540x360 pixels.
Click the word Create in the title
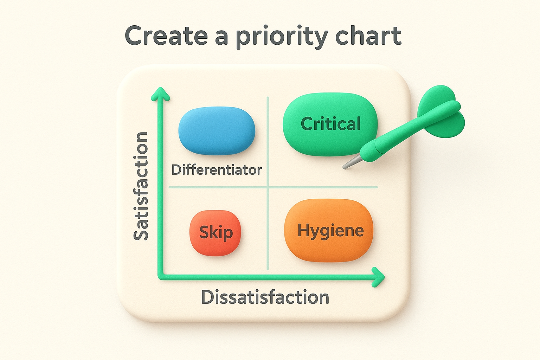(166, 36)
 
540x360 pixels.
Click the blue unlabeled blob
(217, 130)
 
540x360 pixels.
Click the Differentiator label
(217, 170)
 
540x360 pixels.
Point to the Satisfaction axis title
(141, 186)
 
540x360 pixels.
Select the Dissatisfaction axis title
(265, 297)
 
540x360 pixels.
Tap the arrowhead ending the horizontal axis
(379, 277)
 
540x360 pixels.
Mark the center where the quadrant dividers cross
(268, 187)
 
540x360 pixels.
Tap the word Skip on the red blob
(216, 232)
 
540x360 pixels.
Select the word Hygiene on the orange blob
(330, 231)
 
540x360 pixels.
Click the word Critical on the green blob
(331, 124)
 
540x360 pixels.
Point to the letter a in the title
(221, 37)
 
